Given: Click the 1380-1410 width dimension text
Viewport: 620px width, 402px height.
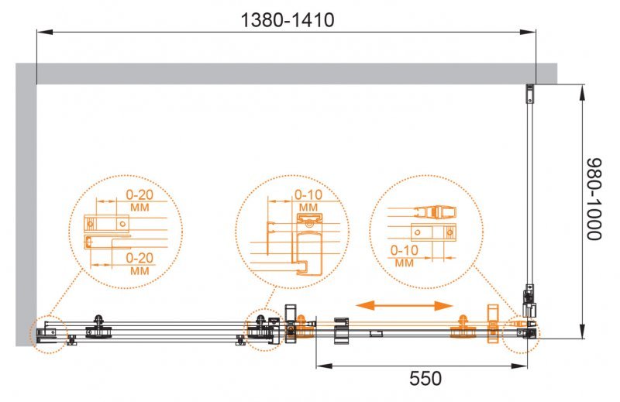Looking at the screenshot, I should (x=286, y=20).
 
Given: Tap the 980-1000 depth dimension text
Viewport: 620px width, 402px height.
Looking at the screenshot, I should (x=594, y=210).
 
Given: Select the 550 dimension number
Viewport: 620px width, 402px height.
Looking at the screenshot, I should (x=425, y=379).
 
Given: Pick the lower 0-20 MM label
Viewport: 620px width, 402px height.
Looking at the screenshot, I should (x=139, y=263).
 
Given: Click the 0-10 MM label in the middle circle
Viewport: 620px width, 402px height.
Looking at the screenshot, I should (x=308, y=201).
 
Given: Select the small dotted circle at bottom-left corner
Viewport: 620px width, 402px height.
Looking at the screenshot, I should (x=50, y=333).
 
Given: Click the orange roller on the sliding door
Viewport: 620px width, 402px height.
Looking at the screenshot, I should (x=463, y=327).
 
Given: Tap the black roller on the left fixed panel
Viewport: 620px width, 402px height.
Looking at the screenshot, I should (x=98, y=325).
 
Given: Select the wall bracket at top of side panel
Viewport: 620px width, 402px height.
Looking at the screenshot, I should (x=530, y=94).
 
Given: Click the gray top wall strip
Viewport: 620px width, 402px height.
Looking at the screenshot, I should (x=294, y=74).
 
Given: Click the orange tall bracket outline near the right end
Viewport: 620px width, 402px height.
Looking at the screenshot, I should (x=492, y=324).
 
